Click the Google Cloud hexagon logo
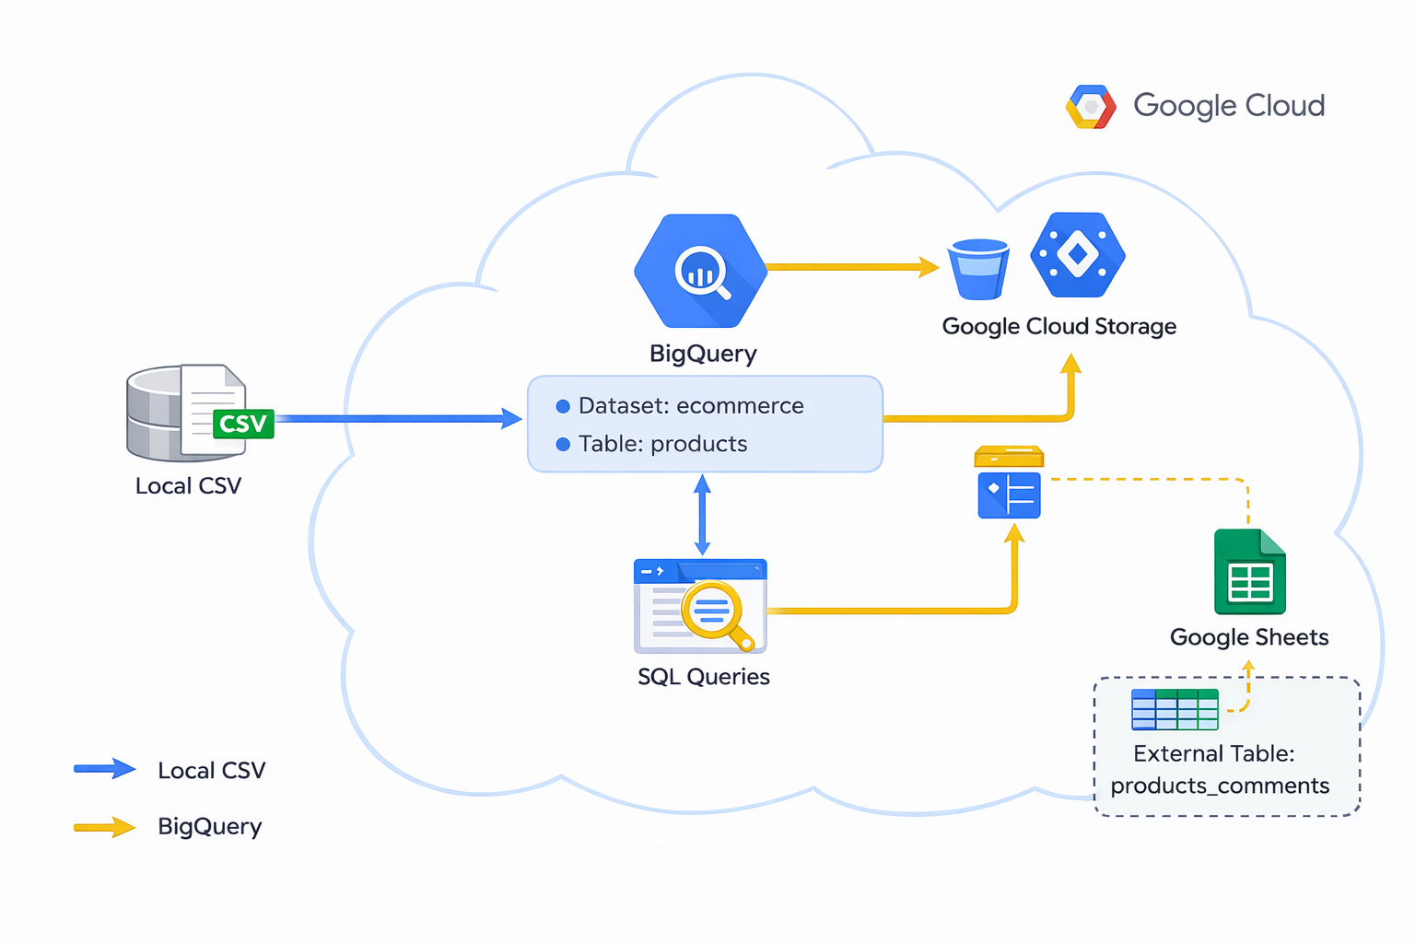1091,107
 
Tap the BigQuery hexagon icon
701,271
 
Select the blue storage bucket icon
978,269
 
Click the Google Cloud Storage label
1058,327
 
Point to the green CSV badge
243,424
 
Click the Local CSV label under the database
188,486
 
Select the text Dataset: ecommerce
690,406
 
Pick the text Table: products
662,444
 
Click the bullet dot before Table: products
563,445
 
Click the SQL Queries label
703,677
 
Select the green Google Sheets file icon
1249,572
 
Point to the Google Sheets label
1248,637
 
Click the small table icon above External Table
1175,709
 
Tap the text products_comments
1220,786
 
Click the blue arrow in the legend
104,769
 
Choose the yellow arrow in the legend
104,826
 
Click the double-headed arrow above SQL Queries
702,515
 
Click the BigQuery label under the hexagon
703,354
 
